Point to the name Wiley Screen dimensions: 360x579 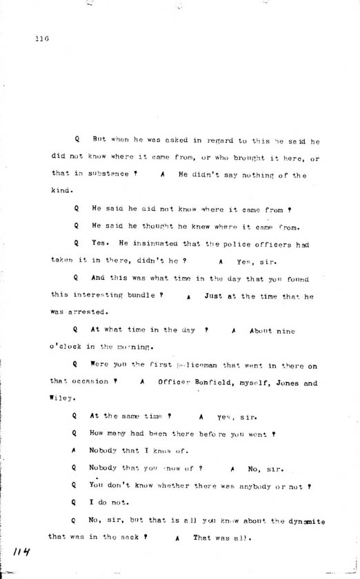tap(60, 397)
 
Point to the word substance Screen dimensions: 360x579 tap(101, 174)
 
